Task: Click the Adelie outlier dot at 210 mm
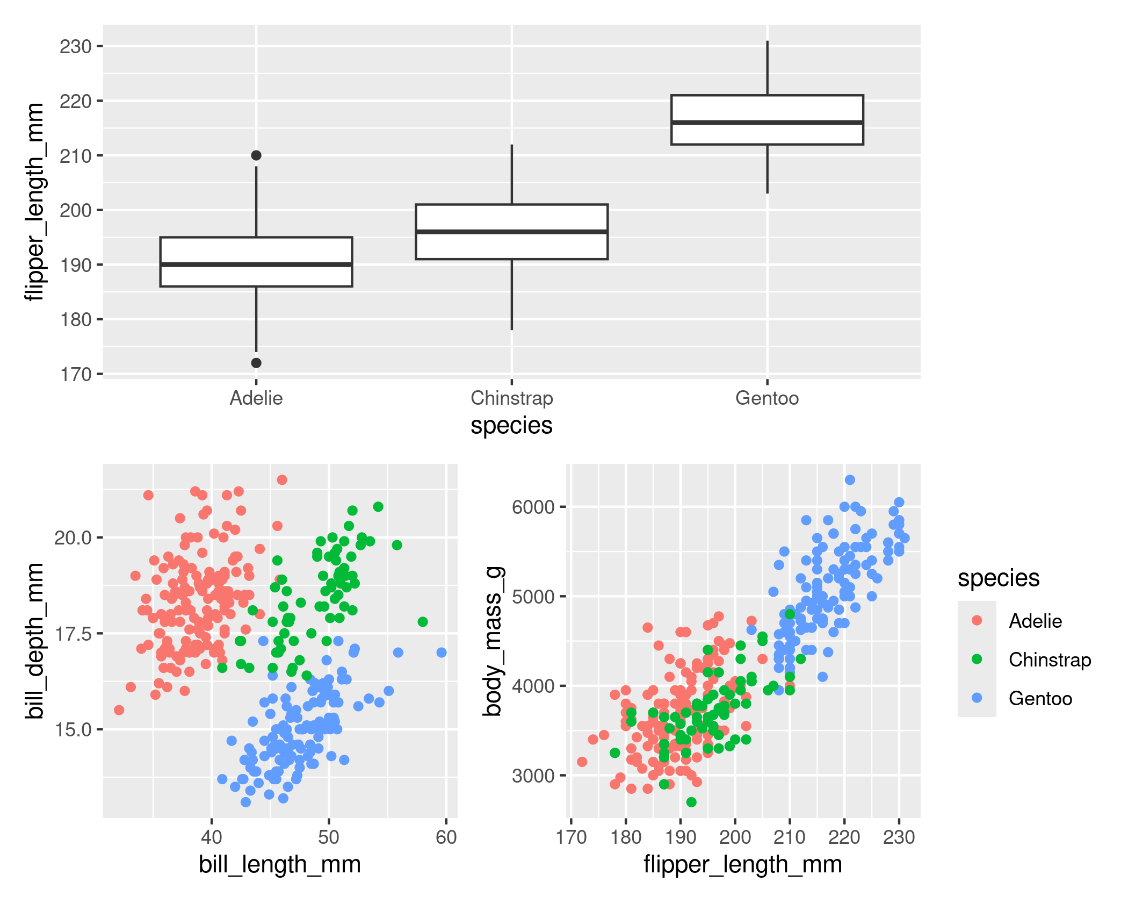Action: (x=256, y=155)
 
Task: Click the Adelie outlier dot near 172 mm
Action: (x=256, y=363)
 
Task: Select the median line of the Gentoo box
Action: (x=767, y=123)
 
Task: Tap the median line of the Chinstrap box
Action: (x=511, y=232)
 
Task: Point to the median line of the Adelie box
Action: (x=256, y=264)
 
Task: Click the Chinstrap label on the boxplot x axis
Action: (x=511, y=398)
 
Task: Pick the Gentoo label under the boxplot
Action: (x=767, y=398)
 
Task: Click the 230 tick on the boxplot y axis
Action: (x=75, y=47)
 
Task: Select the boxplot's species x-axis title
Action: (x=511, y=426)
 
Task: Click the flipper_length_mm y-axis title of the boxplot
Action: (x=34, y=202)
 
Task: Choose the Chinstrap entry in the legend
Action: (x=1050, y=660)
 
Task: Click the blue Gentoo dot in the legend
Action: (x=977, y=698)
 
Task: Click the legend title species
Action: (x=999, y=578)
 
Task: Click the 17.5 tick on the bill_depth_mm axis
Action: (x=73, y=634)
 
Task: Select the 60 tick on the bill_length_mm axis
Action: (x=446, y=837)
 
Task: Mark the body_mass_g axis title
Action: (x=492, y=641)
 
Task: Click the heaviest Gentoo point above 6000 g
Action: (x=850, y=479)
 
